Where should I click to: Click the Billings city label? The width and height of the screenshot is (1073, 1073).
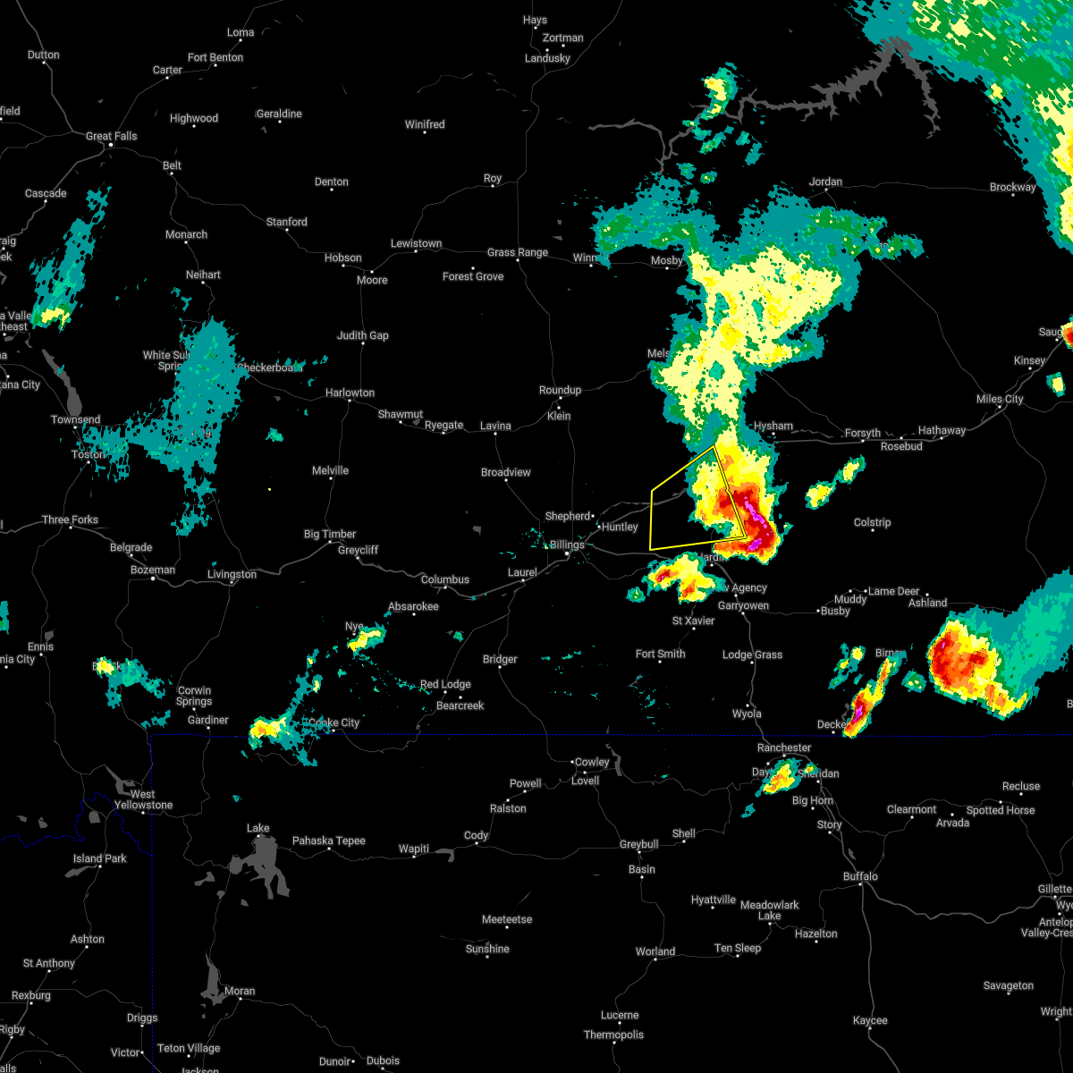[x=567, y=545]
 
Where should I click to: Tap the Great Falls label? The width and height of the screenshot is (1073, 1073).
[x=112, y=136]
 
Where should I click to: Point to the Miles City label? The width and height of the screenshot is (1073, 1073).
[x=1000, y=399]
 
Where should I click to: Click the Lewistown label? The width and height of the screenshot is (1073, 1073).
[x=416, y=243]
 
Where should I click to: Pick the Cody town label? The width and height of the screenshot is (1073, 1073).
[x=476, y=835]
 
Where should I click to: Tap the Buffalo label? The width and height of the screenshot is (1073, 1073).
[x=860, y=876]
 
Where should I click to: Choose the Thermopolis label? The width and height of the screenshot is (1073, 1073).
[x=613, y=1035]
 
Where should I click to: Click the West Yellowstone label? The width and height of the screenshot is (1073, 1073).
[x=143, y=799]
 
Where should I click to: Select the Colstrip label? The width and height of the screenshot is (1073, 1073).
[x=872, y=522]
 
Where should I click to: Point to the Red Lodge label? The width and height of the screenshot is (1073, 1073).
[x=445, y=684]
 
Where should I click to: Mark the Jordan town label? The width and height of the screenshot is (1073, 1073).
[x=825, y=182]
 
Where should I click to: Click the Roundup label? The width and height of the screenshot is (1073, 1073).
[x=560, y=390]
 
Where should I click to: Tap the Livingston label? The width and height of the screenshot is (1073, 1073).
[x=232, y=574]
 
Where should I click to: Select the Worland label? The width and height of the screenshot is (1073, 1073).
[x=655, y=951]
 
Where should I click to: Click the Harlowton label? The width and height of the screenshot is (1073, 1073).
[x=350, y=393]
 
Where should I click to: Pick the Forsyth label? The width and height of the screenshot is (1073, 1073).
[x=863, y=433]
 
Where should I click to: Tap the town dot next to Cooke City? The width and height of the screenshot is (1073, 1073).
[x=332, y=731]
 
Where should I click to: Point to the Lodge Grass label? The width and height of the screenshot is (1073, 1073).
[x=752, y=655]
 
